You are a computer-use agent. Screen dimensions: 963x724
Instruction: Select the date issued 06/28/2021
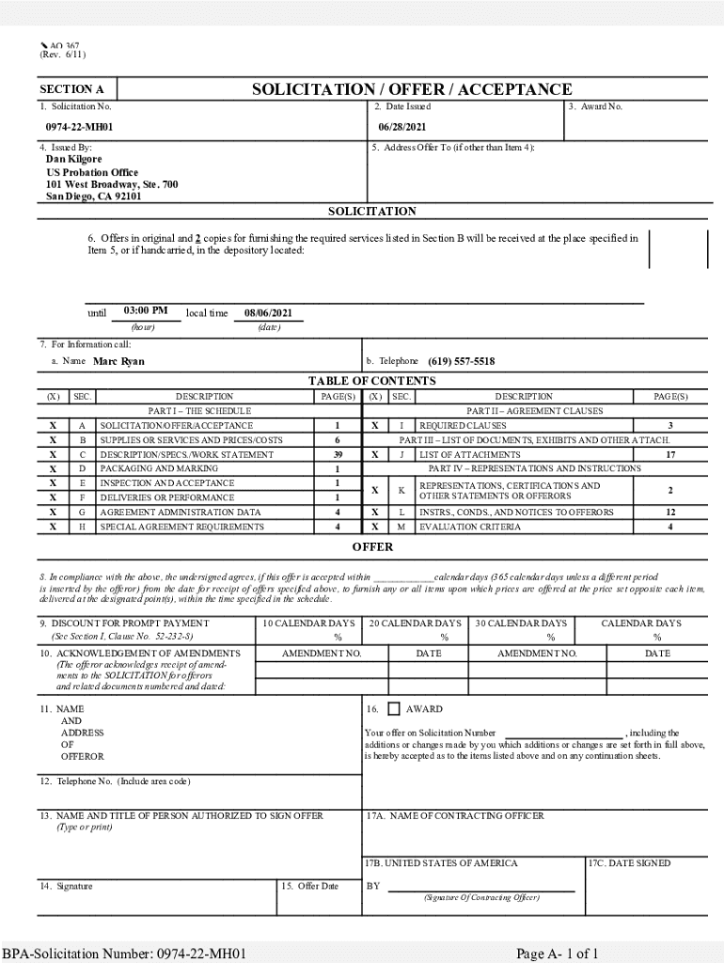click(402, 127)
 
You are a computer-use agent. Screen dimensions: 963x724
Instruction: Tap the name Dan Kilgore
click(74, 160)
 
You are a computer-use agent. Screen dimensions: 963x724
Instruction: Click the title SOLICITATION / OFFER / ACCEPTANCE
click(411, 89)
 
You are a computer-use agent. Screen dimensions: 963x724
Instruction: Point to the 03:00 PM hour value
click(146, 311)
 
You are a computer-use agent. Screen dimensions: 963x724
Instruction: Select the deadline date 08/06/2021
click(268, 312)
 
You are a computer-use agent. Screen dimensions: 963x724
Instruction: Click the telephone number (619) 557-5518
click(461, 362)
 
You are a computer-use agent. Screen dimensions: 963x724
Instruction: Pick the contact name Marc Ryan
click(119, 362)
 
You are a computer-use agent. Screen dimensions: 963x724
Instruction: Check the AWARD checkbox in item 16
click(393, 709)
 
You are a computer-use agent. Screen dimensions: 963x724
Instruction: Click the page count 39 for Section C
click(337, 454)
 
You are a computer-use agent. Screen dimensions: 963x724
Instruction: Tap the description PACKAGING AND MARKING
click(159, 468)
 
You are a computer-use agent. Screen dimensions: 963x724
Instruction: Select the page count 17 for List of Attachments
click(670, 454)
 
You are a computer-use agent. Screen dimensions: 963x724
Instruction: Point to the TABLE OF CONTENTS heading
click(372, 381)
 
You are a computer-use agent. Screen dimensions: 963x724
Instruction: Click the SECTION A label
click(71, 90)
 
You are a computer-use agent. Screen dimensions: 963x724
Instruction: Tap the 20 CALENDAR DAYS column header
click(415, 624)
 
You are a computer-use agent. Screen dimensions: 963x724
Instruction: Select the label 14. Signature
click(66, 886)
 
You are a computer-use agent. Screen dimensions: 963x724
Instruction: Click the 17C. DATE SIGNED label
click(629, 863)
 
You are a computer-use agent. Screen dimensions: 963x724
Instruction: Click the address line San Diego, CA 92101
click(94, 197)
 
